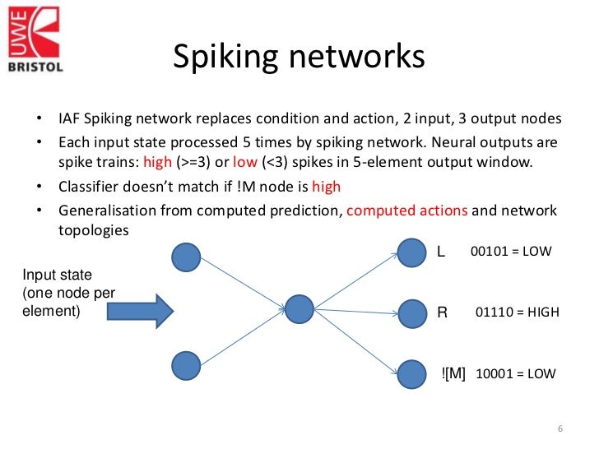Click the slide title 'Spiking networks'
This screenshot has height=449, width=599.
coord(299,57)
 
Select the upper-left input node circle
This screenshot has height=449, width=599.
coord(185,257)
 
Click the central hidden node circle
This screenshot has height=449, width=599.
coord(299,309)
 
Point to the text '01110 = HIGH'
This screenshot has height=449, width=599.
coord(518,312)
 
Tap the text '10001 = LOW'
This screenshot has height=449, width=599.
coord(516,373)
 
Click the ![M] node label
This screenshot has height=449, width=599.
coord(453,373)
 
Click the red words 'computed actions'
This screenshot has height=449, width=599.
coord(407,211)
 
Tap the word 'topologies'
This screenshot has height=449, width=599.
coord(93,230)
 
